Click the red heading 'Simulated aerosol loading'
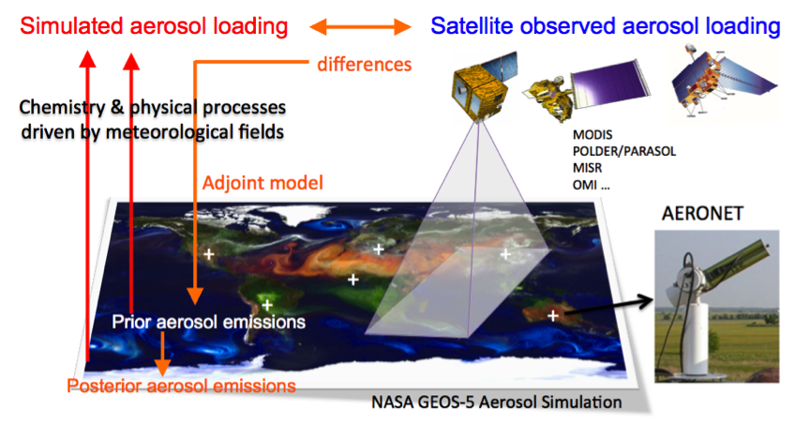(154, 26)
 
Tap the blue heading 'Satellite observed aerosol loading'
(605, 26)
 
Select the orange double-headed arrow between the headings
(360, 26)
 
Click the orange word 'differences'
(364, 64)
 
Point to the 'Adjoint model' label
(263, 183)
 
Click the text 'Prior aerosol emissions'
(208, 322)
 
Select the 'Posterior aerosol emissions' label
(181, 386)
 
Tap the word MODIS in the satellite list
(593, 135)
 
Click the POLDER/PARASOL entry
(623, 151)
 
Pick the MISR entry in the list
(587, 168)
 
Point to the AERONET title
(702, 213)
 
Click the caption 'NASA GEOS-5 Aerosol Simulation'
(497, 403)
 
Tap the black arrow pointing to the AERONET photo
(609, 306)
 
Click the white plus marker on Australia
(553, 315)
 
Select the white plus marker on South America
(267, 304)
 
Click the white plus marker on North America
(208, 254)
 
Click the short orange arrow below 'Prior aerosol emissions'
(163, 354)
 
